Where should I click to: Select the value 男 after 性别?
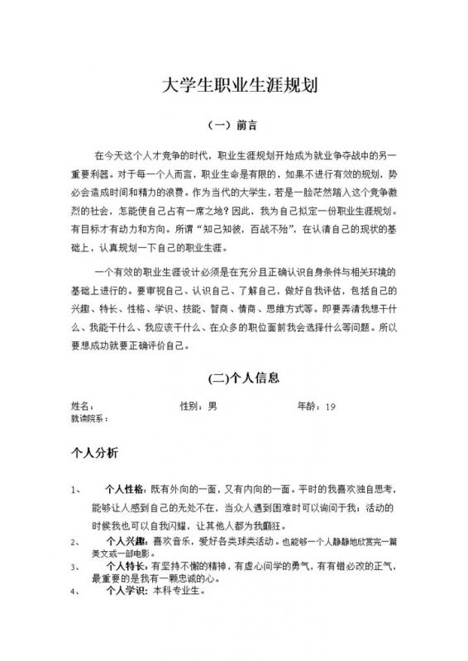(212, 407)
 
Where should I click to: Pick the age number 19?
(331, 407)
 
